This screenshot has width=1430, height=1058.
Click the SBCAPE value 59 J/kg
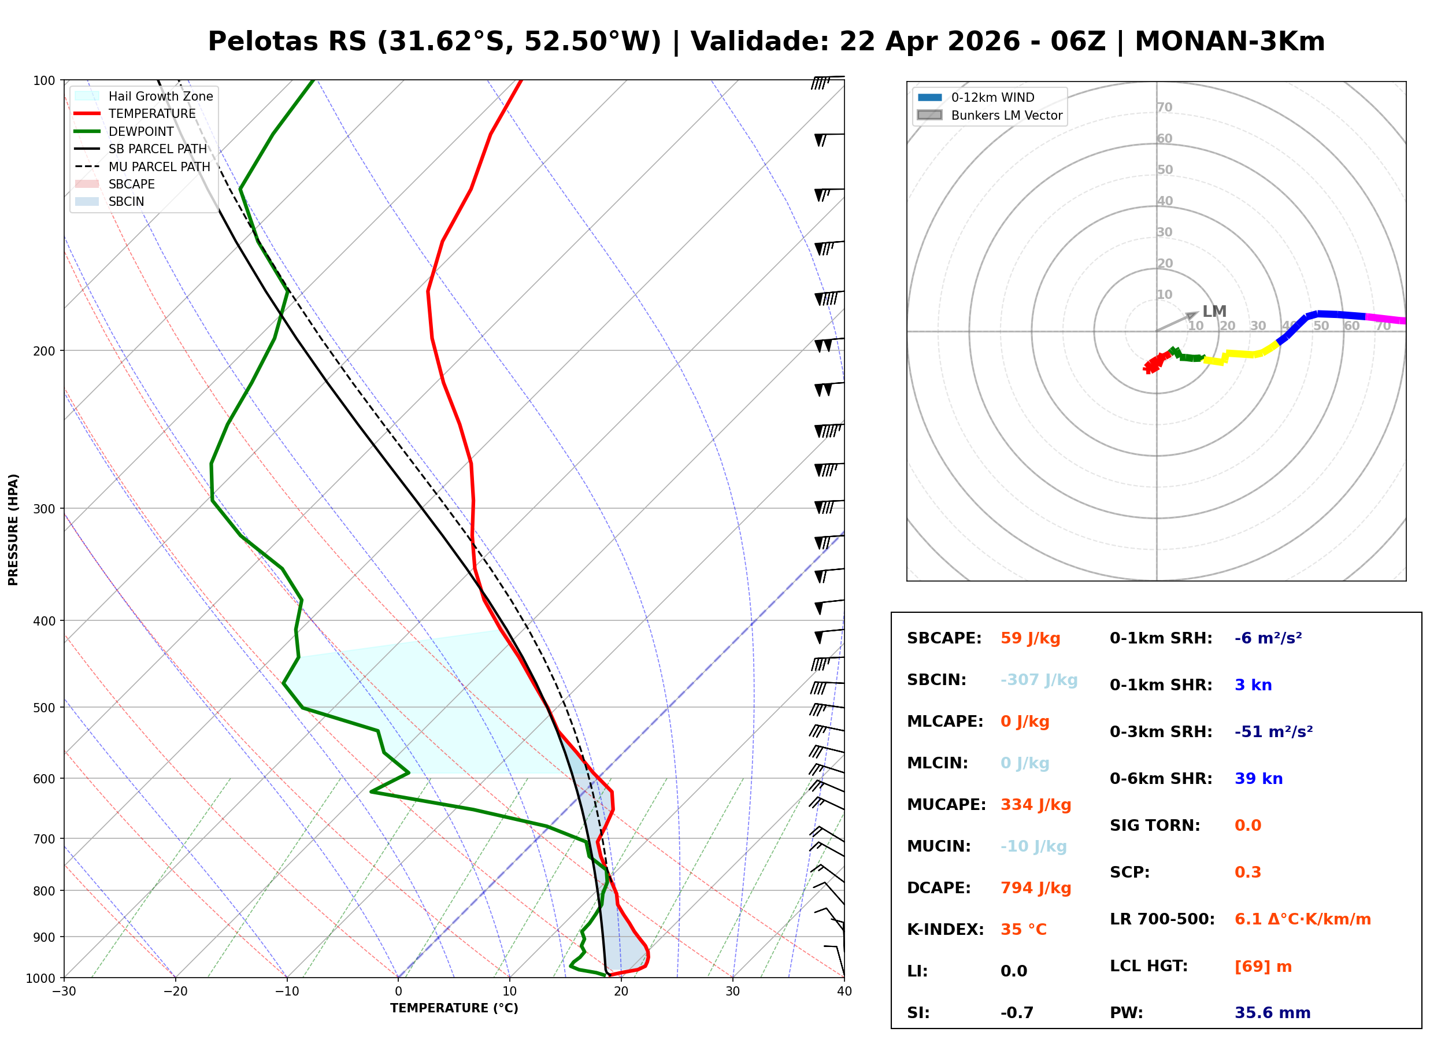click(1030, 638)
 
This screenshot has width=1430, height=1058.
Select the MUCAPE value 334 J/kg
click(1035, 805)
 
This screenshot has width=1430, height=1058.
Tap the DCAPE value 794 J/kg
click(1035, 888)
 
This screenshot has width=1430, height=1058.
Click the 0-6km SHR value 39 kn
click(1258, 779)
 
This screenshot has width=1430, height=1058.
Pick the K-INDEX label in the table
click(945, 930)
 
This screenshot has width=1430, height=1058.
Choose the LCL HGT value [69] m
click(1262, 967)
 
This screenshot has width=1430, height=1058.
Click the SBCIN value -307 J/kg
click(1038, 680)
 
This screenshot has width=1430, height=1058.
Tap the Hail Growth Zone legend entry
click(160, 96)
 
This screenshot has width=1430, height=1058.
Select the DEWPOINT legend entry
click(141, 131)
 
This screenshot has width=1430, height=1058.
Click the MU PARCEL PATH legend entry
click(159, 167)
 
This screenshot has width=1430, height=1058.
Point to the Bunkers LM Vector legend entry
click(1006, 115)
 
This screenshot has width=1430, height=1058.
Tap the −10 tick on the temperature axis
click(286, 992)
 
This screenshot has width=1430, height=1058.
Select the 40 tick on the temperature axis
click(844, 992)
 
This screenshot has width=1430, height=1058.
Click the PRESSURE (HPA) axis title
click(13, 530)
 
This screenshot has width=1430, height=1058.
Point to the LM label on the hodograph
click(1214, 311)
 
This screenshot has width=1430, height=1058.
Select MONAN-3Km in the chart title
click(1229, 42)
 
